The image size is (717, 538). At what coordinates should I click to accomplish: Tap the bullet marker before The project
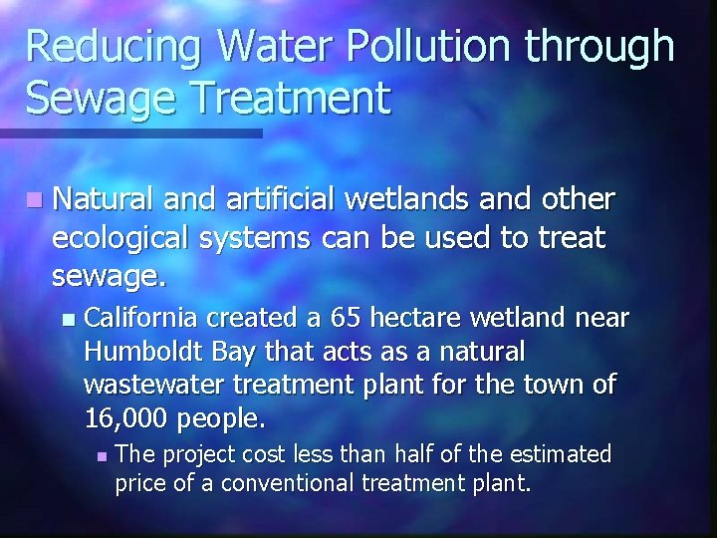coord(101,456)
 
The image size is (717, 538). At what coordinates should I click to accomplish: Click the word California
coord(140,318)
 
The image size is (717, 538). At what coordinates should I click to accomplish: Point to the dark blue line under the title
coord(130,133)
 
